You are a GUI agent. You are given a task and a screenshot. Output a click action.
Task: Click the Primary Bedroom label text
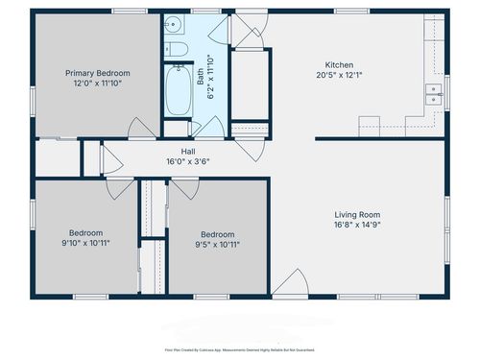pyautogui.click(x=97, y=73)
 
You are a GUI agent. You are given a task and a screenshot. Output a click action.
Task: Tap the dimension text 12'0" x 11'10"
pyautogui.click(x=97, y=84)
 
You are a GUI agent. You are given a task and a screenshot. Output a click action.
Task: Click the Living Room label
pyautogui.click(x=357, y=214)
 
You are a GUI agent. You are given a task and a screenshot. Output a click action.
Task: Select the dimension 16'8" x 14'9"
pyautogui.click(x=357, y=225)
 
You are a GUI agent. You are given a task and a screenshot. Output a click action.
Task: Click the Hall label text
pyautogui.click(x=188, y=151)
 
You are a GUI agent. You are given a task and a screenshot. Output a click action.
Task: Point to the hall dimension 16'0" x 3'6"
pyautogui.click(x=188, y=161)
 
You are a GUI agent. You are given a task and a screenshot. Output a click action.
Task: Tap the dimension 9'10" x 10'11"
pyautogui.click(x=87, y=243)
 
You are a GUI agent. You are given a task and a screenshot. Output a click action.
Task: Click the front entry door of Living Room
pyautogui.click(x=288, y=284)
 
